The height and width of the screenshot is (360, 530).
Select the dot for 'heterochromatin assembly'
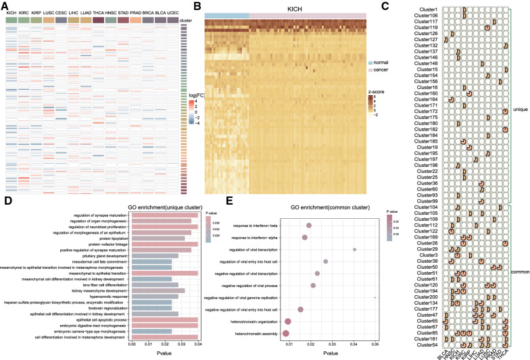tap(286, 333)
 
